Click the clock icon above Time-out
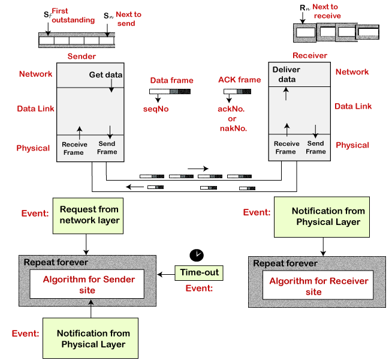click(x=197, y=254)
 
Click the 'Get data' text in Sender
click(x=105, y=75)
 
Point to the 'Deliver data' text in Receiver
click(x=286, y=74)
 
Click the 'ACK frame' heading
click(x=239, y=80)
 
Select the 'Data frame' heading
click(x=171, y=80)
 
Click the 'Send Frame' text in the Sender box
click(x=107, y=148)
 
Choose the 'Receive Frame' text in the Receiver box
click(x=286, y=148)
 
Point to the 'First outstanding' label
click(x=73, y=15)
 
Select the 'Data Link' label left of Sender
click(x=37, y=109)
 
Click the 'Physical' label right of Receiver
click(x=352, y=145)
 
